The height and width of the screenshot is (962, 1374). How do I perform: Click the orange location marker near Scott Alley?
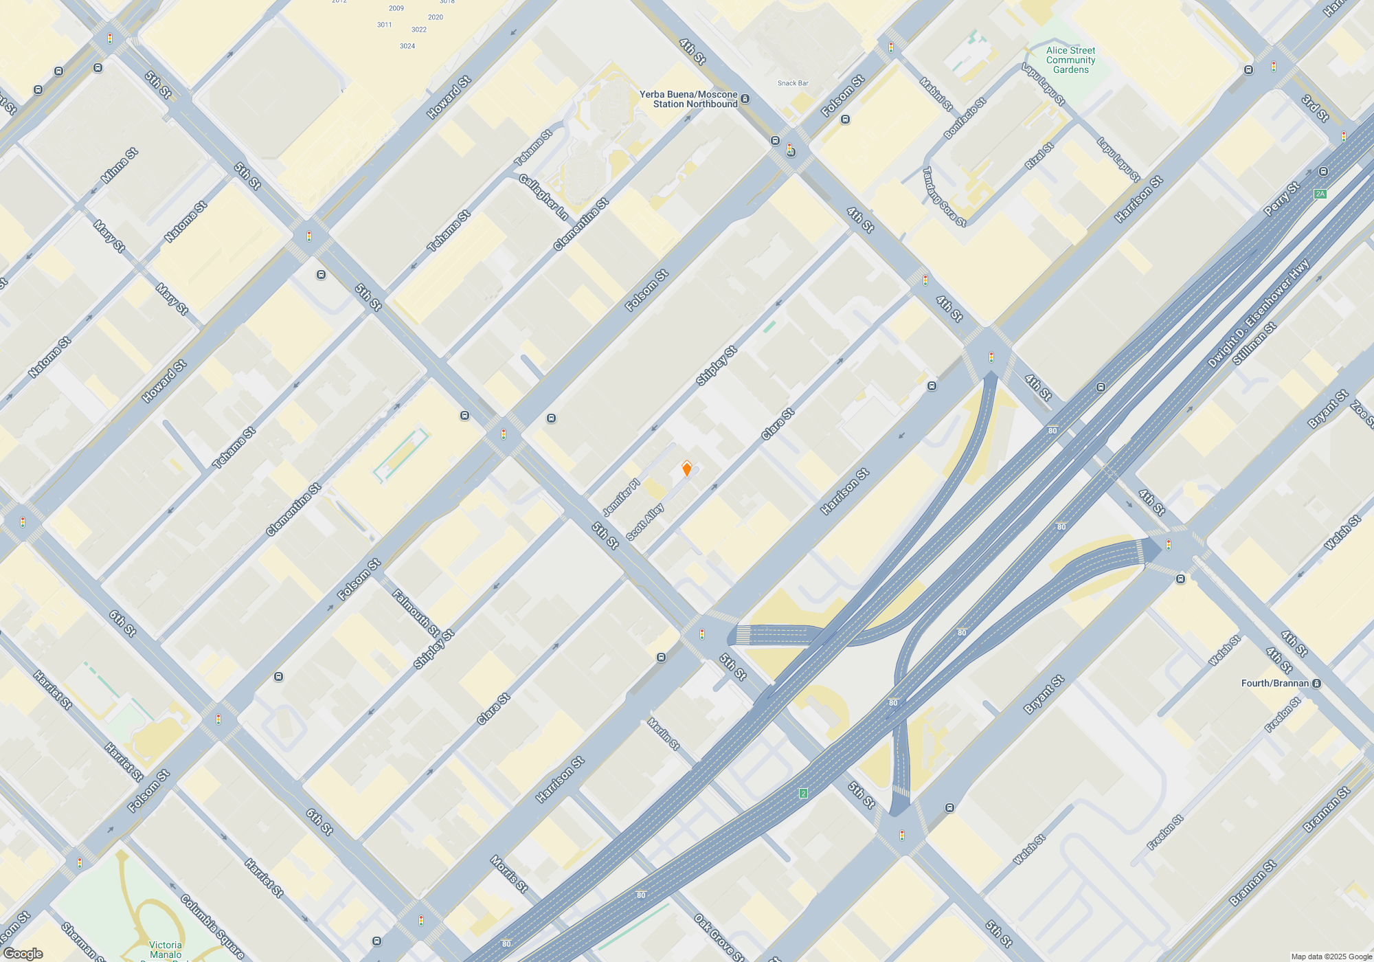(x=686, y=469)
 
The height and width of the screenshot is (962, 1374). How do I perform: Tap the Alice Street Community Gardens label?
(x=1070, y=60)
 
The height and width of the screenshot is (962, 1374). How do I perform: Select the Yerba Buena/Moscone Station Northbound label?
(x=688, y=99)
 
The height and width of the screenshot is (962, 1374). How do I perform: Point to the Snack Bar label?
(x=793, y=83)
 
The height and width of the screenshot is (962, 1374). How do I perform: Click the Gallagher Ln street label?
(x=543, y=197)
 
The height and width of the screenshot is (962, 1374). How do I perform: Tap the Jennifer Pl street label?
(x=621, y=497)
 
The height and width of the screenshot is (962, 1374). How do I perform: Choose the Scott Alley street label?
(x=645, y=522)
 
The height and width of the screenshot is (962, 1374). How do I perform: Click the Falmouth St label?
(x=416, y=612)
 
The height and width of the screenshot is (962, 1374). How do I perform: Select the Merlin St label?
(x=664, y=734)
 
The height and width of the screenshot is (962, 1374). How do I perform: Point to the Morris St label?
(x=509, y=874)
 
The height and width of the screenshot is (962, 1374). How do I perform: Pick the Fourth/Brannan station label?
(x=1275, y=683)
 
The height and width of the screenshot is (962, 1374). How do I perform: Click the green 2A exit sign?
(x=1320, y=194)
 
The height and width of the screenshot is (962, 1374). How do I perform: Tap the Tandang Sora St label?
(x=944, y=197)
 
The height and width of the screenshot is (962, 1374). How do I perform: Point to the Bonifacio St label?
(x=965, y=118)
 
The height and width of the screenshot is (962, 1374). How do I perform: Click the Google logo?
(x=23, y=954)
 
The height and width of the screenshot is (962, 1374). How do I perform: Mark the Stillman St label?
(x=1254, y=344)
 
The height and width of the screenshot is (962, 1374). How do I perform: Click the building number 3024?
(x=407, y=46)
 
